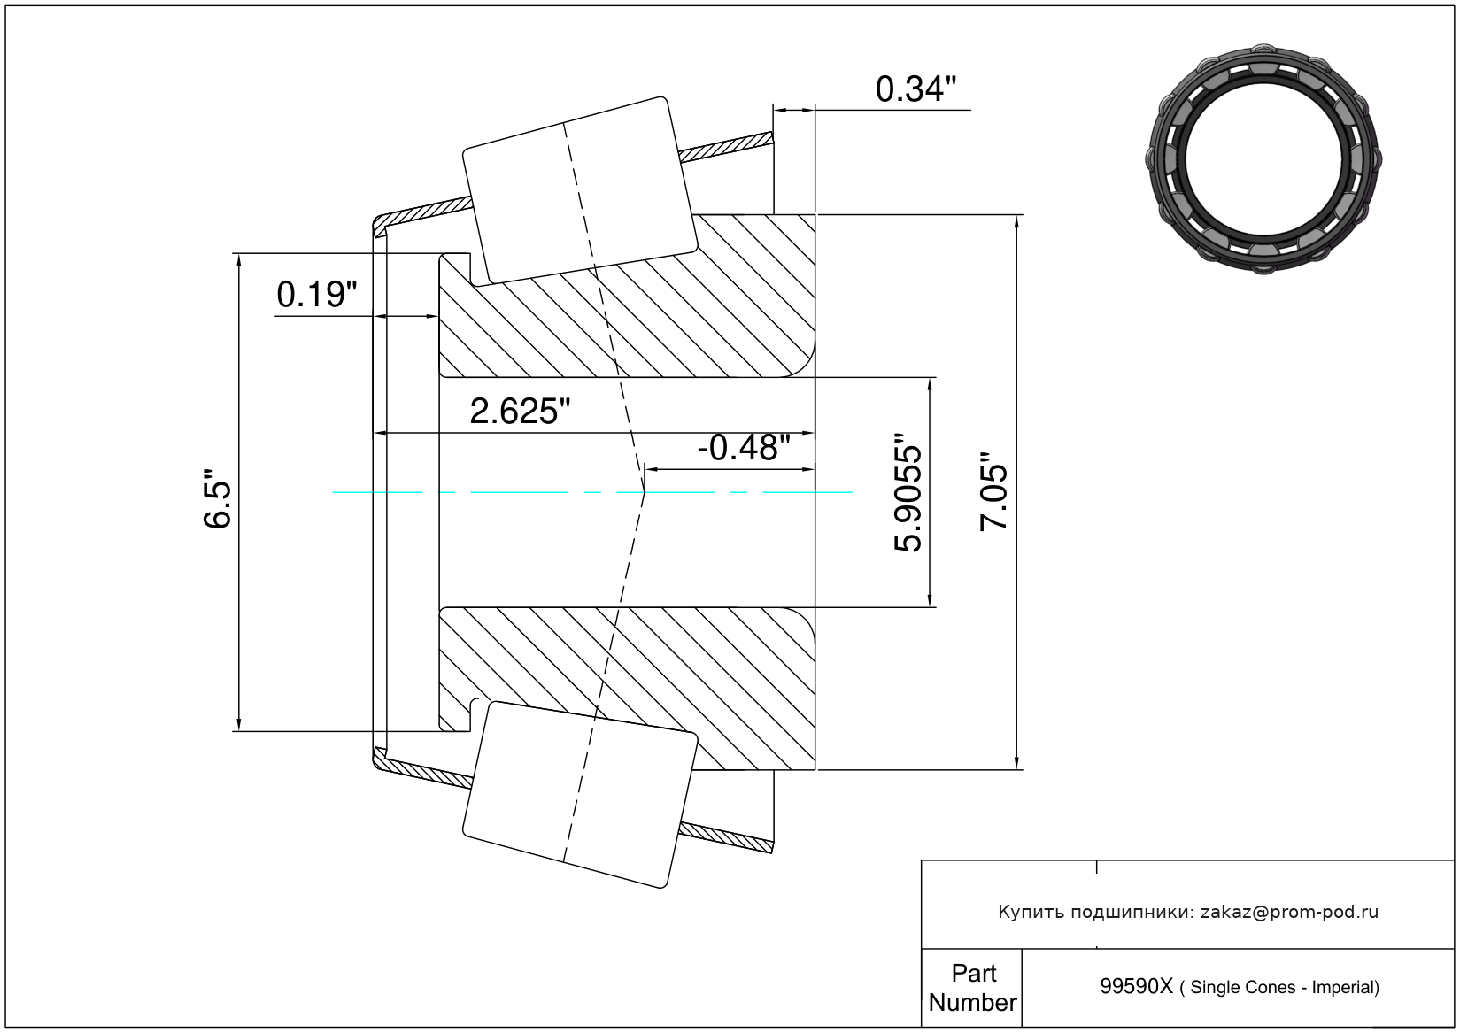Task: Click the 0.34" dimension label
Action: [x=915, y=89]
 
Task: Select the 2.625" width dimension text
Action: [x=520, y=412]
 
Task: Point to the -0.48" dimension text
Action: [x=744, y=448]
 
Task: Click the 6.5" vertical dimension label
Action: [x=218, y=498]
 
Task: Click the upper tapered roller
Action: [x=580, y=190]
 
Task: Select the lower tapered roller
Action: [x=580, y=795]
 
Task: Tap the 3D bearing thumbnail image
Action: [x=1263, y=159]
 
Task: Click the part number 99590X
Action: [x=1136, y=987]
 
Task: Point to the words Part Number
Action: [x=972, y=987]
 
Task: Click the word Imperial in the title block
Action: [x=1345, y=987]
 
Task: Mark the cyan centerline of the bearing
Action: [x=592, y=492]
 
